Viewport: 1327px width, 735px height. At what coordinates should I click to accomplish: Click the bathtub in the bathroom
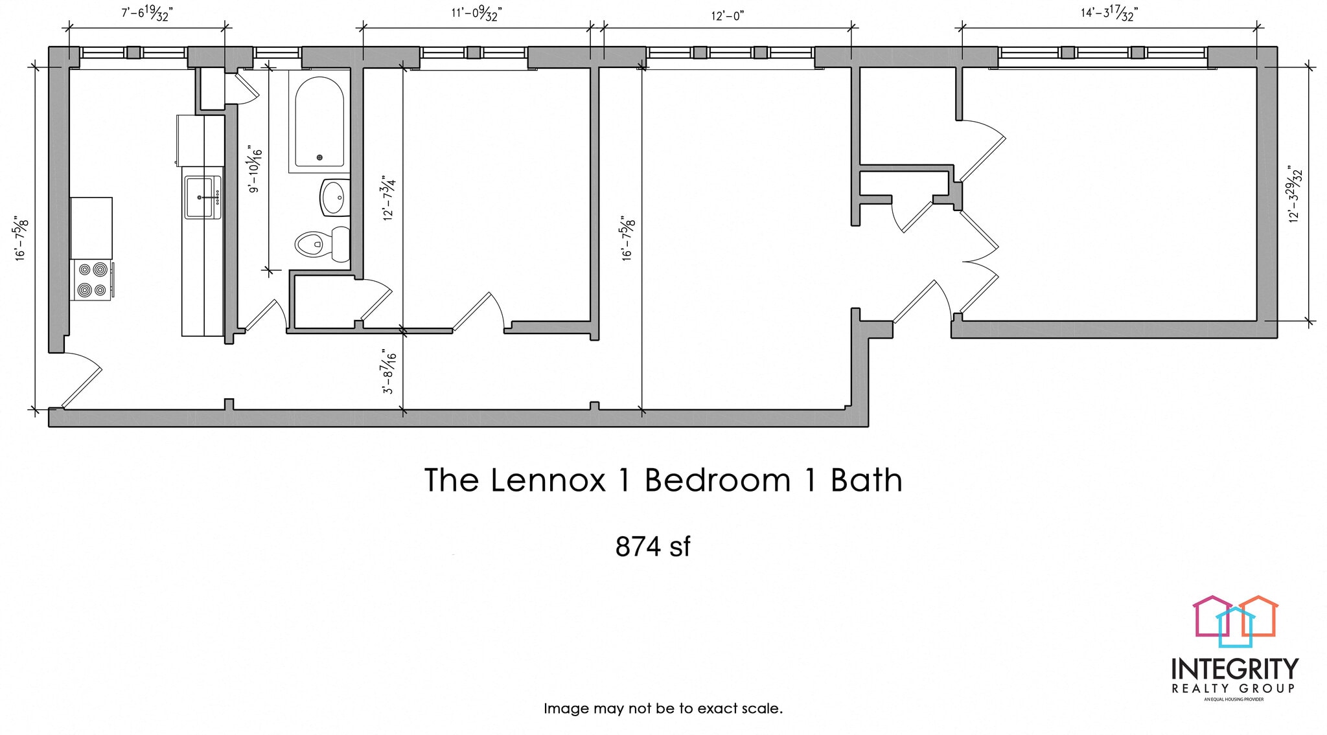(x=319, y=123)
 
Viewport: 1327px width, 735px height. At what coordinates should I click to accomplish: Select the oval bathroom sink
(x=334, y=198)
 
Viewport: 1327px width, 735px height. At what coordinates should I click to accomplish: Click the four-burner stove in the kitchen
(x=91, y=280)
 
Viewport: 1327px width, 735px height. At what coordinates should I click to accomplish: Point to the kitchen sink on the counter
(x=202, y=197)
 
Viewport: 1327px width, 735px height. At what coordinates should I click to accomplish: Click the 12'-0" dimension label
(x=727, y=16)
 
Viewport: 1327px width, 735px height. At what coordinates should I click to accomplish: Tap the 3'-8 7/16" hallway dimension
(x=389, y=371)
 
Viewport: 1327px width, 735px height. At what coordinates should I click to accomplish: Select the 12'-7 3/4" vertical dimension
(x=389, y=198)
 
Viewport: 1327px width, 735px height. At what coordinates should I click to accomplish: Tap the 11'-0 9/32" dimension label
(x=476, y=13)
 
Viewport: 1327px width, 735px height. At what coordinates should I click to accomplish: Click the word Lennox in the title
(x=548, y=481)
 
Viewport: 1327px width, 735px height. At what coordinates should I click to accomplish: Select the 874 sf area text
(x=652, y=547)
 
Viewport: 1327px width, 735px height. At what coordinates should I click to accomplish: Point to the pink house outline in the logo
(x=1209, y=615)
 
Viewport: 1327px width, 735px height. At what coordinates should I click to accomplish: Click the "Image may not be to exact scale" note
(x=663, y=708)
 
